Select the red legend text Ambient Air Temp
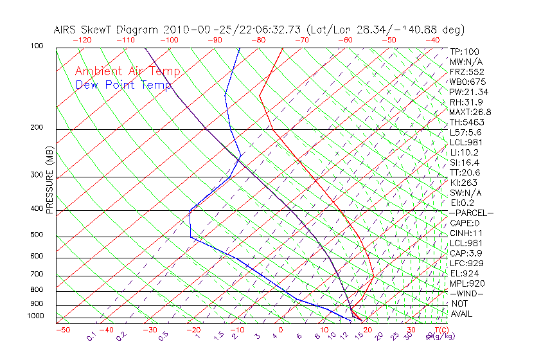click(127, 71)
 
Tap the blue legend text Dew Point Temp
click(123, 85)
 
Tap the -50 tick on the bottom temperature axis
click(62, 330)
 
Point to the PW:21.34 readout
click(469, 92)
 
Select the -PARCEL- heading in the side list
click(471, 213)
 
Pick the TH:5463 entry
click(467, 122)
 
